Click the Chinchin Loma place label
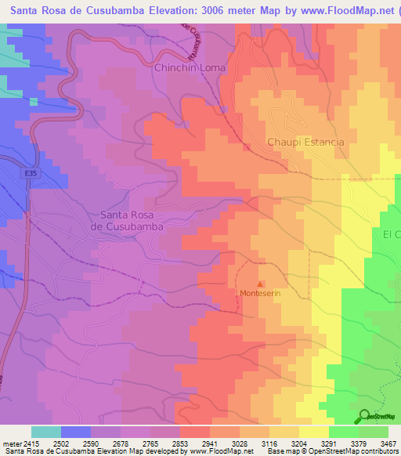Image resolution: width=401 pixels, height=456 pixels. (190, 68)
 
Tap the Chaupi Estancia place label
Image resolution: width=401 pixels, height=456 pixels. (305, 142)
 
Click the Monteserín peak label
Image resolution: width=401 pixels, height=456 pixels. (260, 294)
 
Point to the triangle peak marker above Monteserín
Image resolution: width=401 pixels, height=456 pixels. (261, 284)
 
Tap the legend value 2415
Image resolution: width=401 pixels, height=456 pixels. (31, 443)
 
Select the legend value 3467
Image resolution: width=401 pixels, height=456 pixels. (388, 443)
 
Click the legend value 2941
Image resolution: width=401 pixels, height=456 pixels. (209, 443)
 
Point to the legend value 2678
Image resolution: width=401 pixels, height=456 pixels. (121, 443)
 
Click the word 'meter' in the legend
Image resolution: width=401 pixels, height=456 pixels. (11, 443)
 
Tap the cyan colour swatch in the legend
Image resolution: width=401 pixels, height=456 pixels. (45, 432)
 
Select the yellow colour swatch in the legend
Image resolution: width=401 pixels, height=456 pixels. (313, 432)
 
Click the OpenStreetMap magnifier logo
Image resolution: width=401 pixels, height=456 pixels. (364, 417)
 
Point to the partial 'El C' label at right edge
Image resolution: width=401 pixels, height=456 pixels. (391, 234)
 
